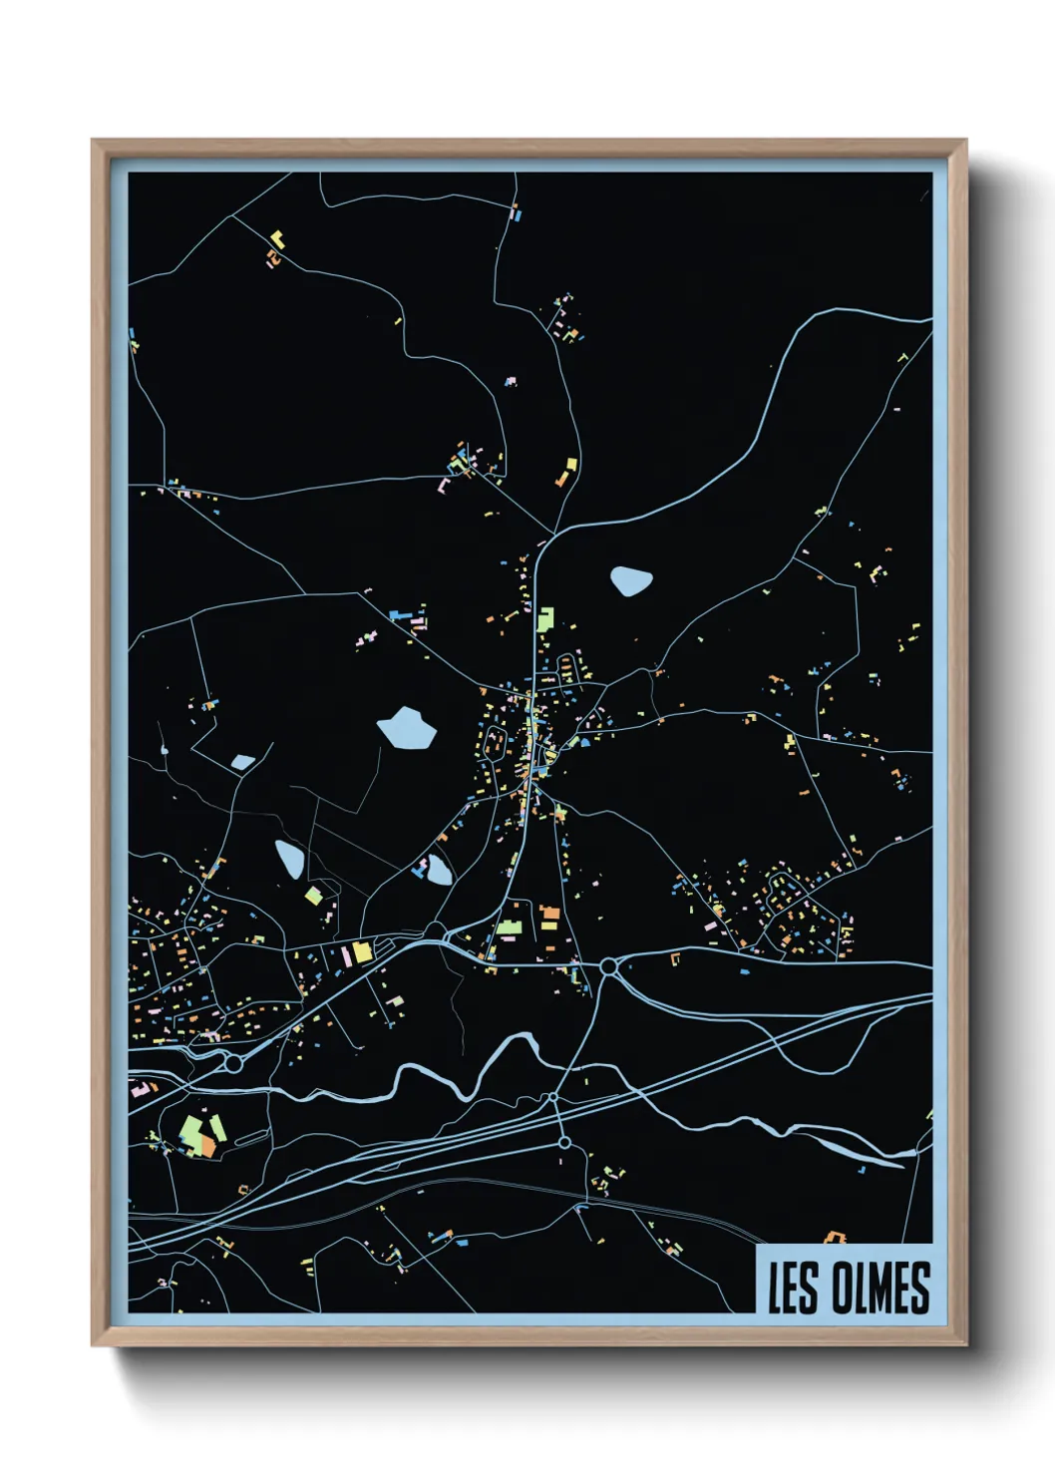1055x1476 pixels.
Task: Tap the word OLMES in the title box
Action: (x=880, y=1288)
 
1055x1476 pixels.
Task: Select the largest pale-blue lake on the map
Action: (x=407, y=728)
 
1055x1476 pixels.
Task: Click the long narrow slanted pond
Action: (x=289, y=859)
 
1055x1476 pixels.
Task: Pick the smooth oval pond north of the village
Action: (x=630, y=579)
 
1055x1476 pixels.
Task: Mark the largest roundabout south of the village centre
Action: (x=607, y=966)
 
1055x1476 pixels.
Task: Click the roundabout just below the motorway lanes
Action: (x=564, y=1142)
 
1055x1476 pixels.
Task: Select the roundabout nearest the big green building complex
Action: (x=233, y=1064)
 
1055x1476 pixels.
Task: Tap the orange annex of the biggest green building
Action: (x=206, y=1145)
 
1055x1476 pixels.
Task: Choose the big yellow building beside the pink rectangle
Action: (x=361, y=951)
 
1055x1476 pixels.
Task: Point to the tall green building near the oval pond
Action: (x=544, y=619)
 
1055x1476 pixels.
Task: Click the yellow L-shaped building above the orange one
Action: (x=276, y=239)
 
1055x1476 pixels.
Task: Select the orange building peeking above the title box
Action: (x=834, y=1238)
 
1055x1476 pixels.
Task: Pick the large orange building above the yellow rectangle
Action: (x=549, y=912)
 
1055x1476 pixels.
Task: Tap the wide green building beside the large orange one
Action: (x=510, y=928)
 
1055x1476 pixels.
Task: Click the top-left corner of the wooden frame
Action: (x=93, y=141)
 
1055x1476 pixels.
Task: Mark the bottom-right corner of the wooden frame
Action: (x=966, y=1345)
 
